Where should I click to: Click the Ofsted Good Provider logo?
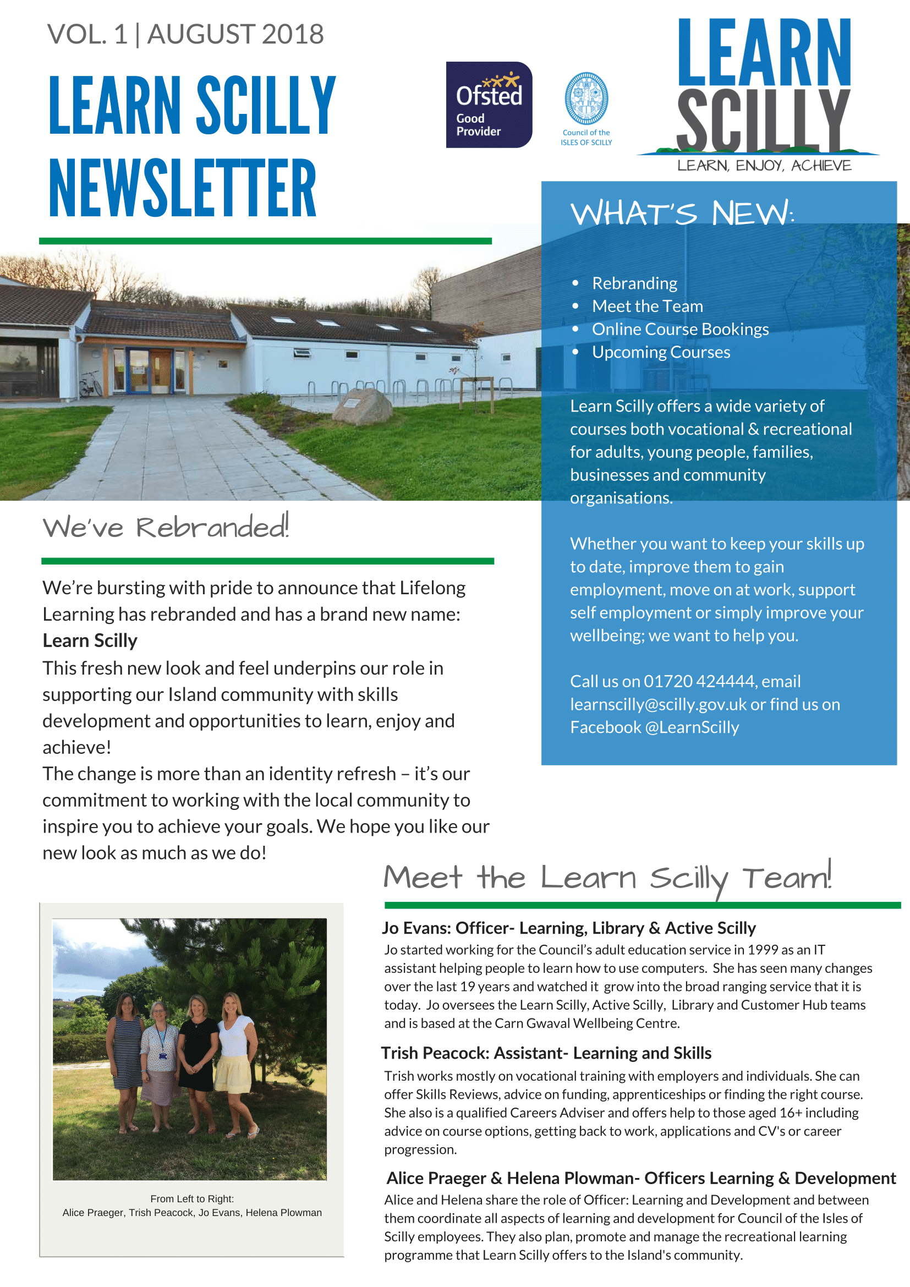(489, 105)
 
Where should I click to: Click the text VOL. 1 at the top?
(87, 34)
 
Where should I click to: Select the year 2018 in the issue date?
(293, 34)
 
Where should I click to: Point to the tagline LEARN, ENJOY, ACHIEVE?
(764, 166)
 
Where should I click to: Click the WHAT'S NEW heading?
(682, 213)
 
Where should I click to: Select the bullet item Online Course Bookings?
(680, 329)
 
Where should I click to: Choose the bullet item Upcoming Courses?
(661, 352)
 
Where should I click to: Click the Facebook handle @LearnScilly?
(692, 727)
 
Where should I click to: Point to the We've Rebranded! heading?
(166, 528)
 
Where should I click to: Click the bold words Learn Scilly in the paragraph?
(90, 640)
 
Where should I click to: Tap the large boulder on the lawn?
(363, 406)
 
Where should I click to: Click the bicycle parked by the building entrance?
(90, 384)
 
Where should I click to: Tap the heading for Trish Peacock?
(546, 1053)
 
